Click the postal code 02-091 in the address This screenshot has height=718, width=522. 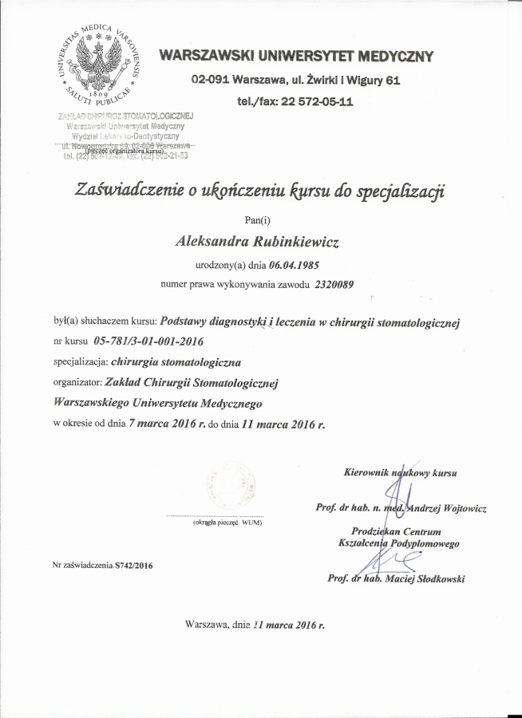210,80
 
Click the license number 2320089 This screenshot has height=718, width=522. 334,283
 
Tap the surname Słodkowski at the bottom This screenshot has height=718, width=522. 436,579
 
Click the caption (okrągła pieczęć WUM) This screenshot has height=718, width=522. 227,523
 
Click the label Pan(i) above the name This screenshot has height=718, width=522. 260,219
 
